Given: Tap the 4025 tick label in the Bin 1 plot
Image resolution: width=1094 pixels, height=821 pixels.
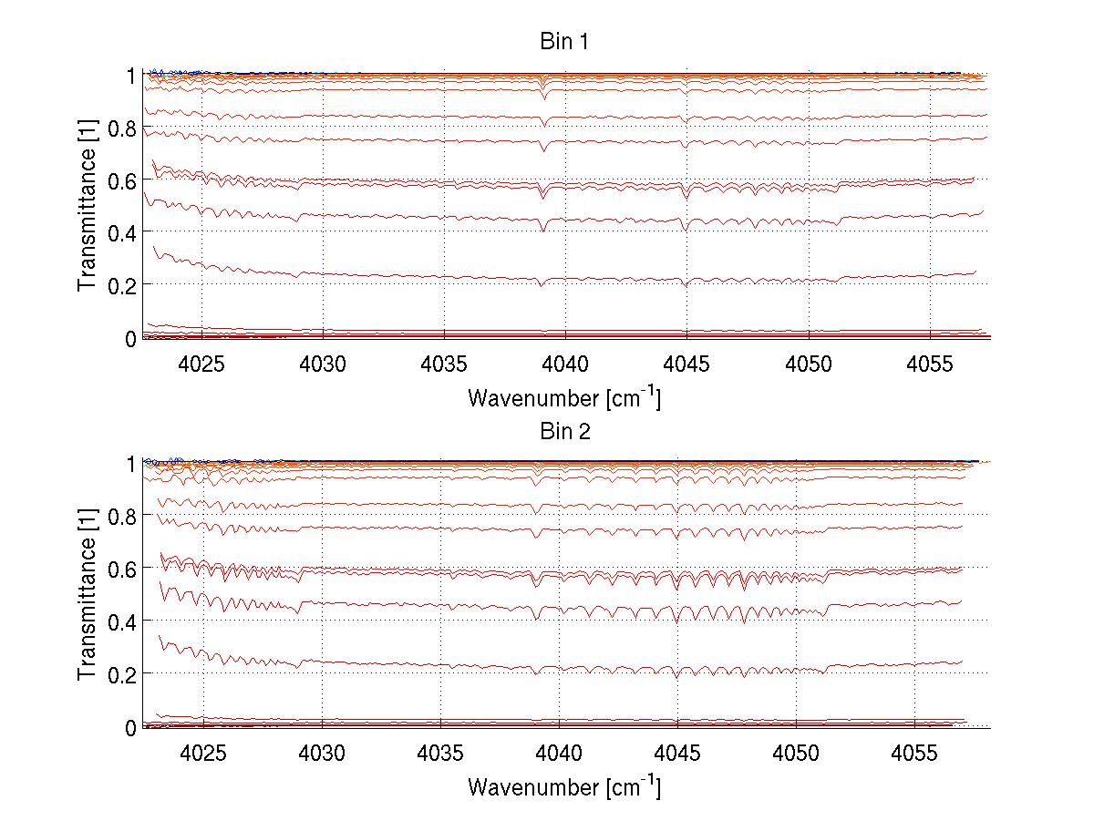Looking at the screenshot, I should (x=202, y=364).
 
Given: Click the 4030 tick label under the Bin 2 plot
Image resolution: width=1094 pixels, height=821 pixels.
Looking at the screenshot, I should (x=322, y=754).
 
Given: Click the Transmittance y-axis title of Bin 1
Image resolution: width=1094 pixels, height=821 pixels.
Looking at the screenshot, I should (x=88, y=207).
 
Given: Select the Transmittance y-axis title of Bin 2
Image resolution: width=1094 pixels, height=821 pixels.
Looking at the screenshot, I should (x=88, y=596).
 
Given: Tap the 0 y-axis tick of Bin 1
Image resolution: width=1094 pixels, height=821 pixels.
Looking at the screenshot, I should (x=131, y=339).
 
